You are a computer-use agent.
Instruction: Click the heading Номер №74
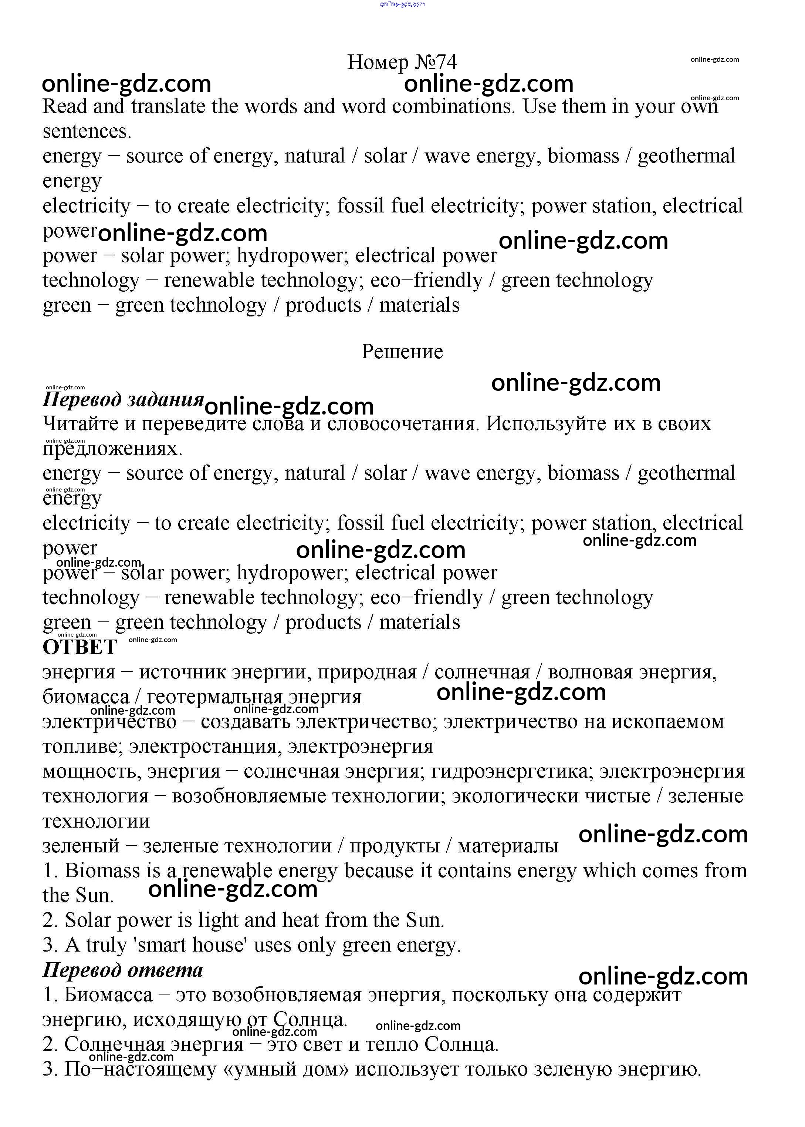(402, 63)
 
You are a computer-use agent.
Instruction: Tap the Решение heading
(402, 352)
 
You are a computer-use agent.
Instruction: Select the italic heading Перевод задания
(123, 399)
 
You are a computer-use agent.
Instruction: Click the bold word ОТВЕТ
(80, 647)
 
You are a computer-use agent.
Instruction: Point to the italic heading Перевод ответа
(122, 970)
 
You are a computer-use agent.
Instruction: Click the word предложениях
(112, 449)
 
